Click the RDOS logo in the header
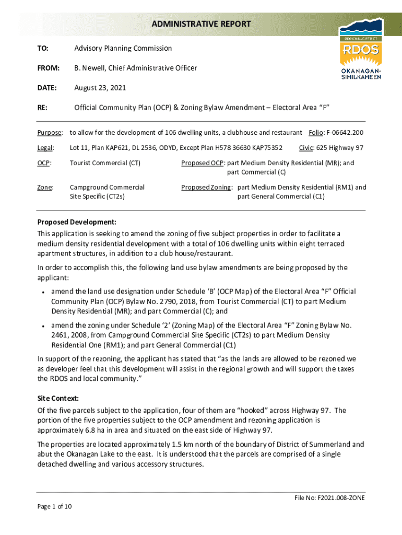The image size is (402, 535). [361, 48]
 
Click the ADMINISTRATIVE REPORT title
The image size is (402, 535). [202, 24]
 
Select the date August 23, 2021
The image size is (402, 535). [100, 88]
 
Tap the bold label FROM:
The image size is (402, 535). [48, 68]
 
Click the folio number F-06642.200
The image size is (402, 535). [345, 132]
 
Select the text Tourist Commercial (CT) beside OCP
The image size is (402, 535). [105, 163]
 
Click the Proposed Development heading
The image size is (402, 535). [76, 222]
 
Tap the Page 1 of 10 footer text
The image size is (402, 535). [54, 506]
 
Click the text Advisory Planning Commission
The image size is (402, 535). [123, 48]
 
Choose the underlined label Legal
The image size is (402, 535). [45, 148]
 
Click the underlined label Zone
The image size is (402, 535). [45, 187]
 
